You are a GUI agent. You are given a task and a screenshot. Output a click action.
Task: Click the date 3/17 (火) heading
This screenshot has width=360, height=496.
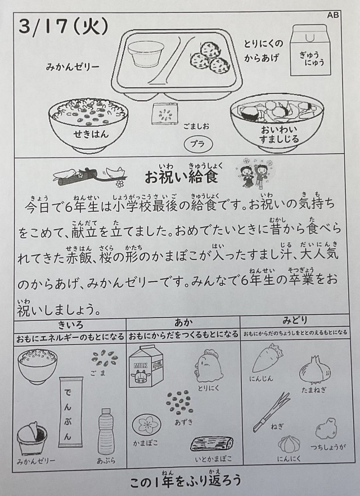pyautogui.click(x=63, y=26)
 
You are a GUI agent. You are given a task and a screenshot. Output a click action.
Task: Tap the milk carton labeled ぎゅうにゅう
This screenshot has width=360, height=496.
pyautogui.click(x=309, y=50)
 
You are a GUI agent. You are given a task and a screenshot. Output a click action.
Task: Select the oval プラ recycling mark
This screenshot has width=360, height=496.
pyautogui.click(x=198, y=144)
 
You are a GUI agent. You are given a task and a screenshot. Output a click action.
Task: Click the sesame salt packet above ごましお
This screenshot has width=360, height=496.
pyautogui.click(x=164, y=114)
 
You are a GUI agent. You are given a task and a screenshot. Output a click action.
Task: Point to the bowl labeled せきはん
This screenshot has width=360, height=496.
pyautogui.click(x=88, y=124)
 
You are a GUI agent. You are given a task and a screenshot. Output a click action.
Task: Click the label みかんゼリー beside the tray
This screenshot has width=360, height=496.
pyautogui.click(x=73, y=67)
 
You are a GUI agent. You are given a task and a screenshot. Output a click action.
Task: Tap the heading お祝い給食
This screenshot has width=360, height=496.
pyautogui.click(x=182, y=176)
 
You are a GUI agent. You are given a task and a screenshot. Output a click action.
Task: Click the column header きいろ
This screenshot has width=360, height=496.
pyautogui.click(x=70, y=325)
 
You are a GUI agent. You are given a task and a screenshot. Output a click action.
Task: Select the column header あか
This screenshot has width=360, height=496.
pyautogui.click(x=183, y=323)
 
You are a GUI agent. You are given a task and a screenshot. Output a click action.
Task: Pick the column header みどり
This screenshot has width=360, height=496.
pyautogui.click(x=294, y=321)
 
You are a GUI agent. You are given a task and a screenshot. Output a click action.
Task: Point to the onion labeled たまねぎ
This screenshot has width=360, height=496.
pyautogui.click(x=316, y=369)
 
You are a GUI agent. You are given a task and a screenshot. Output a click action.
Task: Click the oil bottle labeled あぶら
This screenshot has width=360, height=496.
pyautogui.click(x=106, y=431)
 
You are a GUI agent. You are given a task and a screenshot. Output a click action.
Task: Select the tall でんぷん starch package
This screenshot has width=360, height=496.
pyautogui.click(x=70, y=412)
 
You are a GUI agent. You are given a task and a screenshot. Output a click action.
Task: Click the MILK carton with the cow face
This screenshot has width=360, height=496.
pyautogui.click(x=146, y=367)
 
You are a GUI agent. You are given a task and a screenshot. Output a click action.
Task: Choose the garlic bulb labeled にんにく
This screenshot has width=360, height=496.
pyautogui.click(x=289, y=444)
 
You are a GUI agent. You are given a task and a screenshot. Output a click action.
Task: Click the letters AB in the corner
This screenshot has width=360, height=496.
pyautogui.click(x=333, y=15)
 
